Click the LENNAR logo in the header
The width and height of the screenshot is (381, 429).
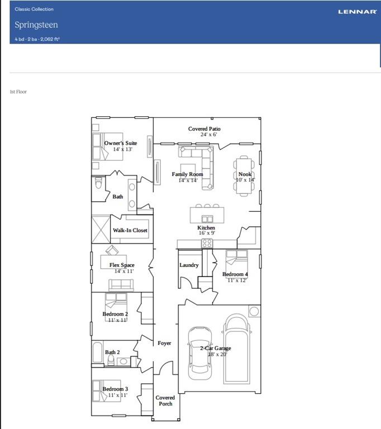357,11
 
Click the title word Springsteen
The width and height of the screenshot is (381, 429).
36,25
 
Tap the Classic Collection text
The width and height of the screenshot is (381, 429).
34,9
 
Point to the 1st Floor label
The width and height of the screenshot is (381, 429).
18,92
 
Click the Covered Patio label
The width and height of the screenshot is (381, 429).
204,129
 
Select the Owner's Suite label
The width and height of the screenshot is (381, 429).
121,143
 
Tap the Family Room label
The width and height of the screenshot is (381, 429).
187,174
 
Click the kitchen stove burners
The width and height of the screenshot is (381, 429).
207,243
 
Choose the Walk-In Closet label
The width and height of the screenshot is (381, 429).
130,230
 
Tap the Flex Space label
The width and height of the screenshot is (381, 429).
122,265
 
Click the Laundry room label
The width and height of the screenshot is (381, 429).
189,265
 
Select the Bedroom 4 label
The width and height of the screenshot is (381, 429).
235,274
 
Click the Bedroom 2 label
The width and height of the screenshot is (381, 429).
115,314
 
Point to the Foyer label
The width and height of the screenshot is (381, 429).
164,343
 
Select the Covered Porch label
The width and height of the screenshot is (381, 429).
165,401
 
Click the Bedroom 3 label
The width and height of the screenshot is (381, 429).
115,389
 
